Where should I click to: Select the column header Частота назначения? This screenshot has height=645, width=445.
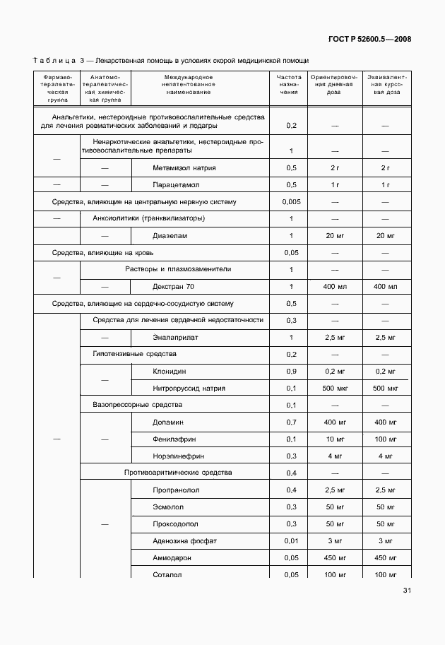pyautogui.click(x=289, y=84)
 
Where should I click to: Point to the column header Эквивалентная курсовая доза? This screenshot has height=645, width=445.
pyautogui.click(x=385, y=84)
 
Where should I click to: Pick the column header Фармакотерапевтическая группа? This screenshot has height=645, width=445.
pyautogui.click(x=57, y=88)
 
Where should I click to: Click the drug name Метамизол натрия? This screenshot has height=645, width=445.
pyautogui.click(x=184, y=167)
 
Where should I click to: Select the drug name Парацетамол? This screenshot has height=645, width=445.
pyautogui.click(x=176, y=184)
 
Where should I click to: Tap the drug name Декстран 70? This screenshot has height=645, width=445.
pyautogui.click(x=173, y=286)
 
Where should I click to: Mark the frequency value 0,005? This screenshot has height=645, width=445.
pyautogui.click(x=291, y=201)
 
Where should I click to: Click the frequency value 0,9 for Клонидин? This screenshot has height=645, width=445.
pyautogui.click(x=291, y=371)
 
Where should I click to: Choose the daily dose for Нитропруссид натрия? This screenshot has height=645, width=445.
pyautogui.click(x=335, y=388)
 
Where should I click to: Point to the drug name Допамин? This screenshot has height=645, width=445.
pyautogui.click(x=168, y=422)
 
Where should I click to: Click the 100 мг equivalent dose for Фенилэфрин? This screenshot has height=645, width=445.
pyautogui.click(x=385, y=439)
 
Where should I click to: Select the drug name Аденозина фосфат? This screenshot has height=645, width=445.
pyautogui.click(x=184, y=540)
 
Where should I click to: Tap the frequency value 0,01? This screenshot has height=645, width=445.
pyautogui.click(x=291, y=540)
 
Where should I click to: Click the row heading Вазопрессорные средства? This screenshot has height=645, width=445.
pyautogui.click(x=137, y=405)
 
